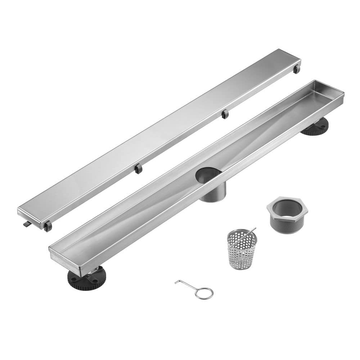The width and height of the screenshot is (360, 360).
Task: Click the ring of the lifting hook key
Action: click(x=204, y=293)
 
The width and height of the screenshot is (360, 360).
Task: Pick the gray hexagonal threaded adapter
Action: click(x=287, y=215)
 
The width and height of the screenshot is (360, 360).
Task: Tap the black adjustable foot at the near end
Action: click(x=86, y=279)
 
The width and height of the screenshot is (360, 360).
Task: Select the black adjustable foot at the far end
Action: click(x=316, y=127)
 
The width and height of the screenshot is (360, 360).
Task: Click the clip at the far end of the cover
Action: click(x=296, y=69)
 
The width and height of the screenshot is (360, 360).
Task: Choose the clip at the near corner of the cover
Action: click(x=48, y=226)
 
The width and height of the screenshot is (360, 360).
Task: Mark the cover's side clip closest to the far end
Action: click(x=225, y=114)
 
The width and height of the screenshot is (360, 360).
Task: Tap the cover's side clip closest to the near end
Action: click(x=138, y=168)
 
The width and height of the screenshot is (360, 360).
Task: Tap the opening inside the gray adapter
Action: click(x=287, y=208)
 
